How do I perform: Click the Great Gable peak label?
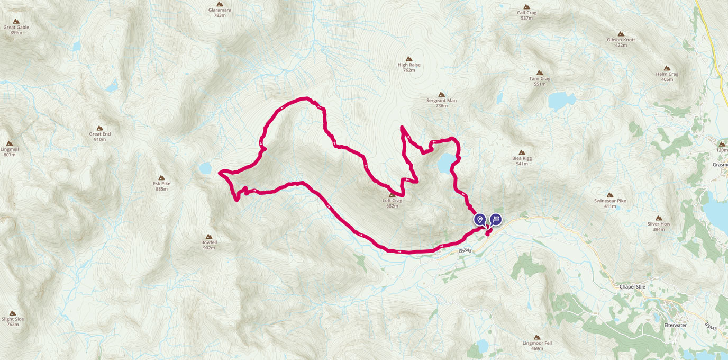pos(16,30)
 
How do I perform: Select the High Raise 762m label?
pos(408,67)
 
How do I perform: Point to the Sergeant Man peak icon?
pos(441,94)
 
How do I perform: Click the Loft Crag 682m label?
pos(392,203)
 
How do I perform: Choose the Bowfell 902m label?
pos(208,245)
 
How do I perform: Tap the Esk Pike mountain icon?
pos(161,177)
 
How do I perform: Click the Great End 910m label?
pos(99,137)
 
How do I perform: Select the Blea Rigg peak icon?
pos(522,152)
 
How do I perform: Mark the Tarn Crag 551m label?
pos(540,81)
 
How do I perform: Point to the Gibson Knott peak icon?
pos(621,33)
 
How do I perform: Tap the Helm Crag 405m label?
pos(667,77)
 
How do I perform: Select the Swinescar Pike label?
pos(609,203)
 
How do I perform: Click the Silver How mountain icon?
pos(659,218)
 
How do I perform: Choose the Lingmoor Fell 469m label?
pos(537,345)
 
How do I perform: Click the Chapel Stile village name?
pos(632,286)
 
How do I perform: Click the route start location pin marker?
pos(480,219)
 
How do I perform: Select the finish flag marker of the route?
pos(496,219)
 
